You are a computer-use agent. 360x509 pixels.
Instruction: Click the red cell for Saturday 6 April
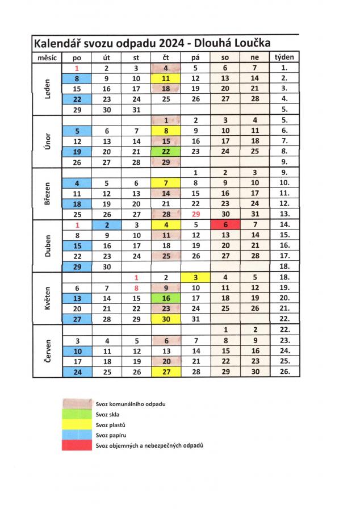[x=225, y=224]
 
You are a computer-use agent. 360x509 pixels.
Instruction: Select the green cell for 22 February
[x=166, y=152]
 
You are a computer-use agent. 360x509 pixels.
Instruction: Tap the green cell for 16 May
[x=166, y=298]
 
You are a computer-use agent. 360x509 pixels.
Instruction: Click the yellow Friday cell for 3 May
[x=196, y=278]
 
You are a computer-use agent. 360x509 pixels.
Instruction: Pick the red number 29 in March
[x=196, y=214]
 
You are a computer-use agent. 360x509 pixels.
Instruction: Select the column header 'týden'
[x=284, y=57]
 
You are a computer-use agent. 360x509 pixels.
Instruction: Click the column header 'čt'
[x=166, y=57]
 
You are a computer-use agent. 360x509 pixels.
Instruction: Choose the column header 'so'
[x=225, y=57]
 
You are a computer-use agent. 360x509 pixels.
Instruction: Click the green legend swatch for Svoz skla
[x=78, y=414]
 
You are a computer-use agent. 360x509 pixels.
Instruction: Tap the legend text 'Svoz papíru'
[x=111, y=435]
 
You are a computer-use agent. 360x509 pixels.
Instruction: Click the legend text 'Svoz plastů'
[x=110, y=424]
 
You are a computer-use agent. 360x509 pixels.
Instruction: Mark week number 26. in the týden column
[x=284, y=372]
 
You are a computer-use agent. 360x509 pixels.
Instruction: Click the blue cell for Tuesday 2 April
[x=107, y=224]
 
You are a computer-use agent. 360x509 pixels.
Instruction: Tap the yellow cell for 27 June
[x=166, y=372]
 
